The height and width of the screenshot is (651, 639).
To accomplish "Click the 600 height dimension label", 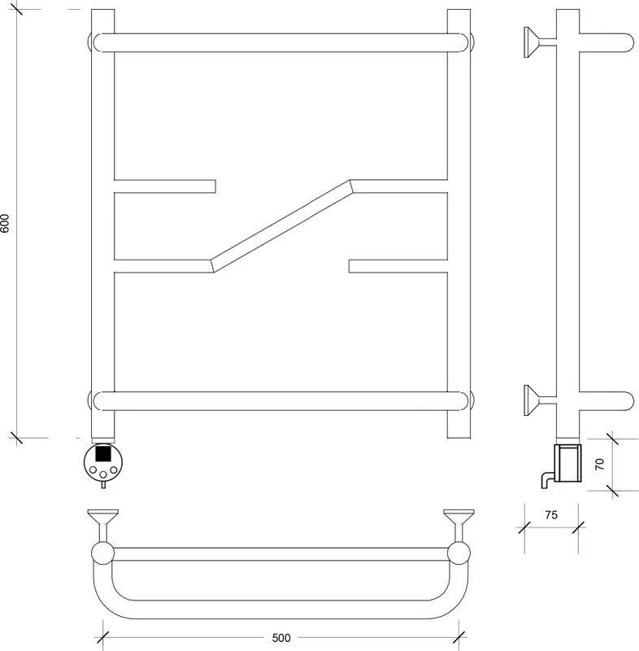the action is click(5, 223).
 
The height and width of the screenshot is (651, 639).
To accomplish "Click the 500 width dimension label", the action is click(280, 638).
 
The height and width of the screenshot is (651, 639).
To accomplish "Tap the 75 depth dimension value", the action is click(551, 515).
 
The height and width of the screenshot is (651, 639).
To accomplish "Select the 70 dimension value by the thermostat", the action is click(600, 464).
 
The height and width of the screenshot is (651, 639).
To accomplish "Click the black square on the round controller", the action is click(103, 452).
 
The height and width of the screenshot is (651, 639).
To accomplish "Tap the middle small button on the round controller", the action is click(103, 474).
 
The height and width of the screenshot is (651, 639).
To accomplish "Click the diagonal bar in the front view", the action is click(281, 226).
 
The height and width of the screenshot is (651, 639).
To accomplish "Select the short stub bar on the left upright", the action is click(164, 186).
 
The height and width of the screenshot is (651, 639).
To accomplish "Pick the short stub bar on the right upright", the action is click(398, 266).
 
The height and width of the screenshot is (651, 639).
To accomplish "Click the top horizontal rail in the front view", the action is click(280, 43).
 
